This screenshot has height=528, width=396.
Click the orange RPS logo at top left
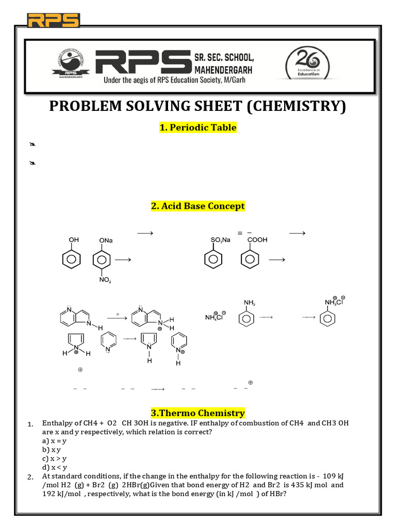[54, 21]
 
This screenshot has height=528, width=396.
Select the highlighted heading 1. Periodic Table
[197, 127]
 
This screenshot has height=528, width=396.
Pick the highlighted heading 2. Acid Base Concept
[197, 206]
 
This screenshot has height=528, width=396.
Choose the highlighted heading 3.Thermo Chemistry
[197, 413]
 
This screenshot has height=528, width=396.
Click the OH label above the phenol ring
[74, 240]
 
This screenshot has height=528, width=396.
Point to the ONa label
[106, 240]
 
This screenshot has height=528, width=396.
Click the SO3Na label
[220, 240]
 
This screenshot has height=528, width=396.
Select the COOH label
[257, 240]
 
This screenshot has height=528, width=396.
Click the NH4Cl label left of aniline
[216, 317]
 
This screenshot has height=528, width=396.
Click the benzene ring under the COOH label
[250, 260]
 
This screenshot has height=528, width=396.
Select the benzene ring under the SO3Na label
[213, 260]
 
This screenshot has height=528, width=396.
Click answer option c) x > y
[55, 458]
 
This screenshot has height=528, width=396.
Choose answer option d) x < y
[55, 467]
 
